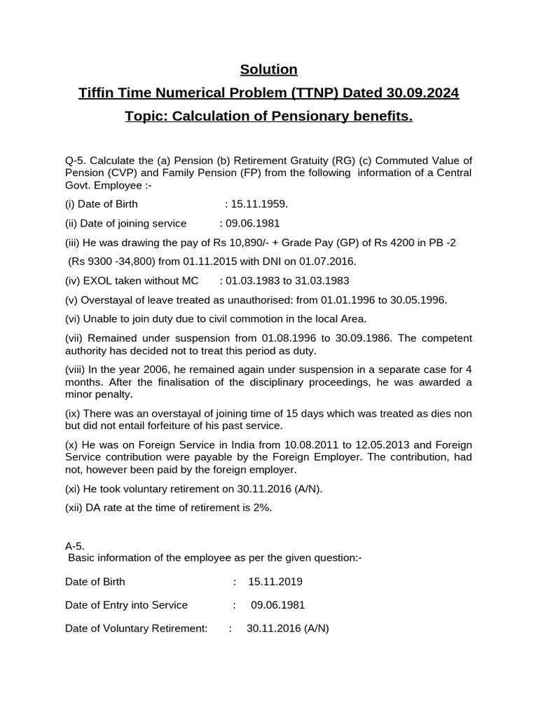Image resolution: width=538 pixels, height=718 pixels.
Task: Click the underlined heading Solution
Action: (269, 69)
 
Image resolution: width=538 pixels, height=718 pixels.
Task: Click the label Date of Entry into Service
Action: (126, 604)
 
